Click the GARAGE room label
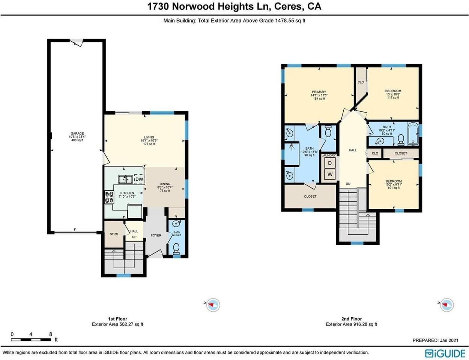77,133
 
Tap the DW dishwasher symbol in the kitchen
139,180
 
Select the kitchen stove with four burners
109,197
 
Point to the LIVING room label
149,138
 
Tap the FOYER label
156,235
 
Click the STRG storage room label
114,234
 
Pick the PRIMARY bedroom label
319,92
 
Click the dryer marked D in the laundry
330,163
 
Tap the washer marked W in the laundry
330,174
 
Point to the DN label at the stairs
348,184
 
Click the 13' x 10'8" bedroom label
393,91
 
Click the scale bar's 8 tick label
51,334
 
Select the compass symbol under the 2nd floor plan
446,305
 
